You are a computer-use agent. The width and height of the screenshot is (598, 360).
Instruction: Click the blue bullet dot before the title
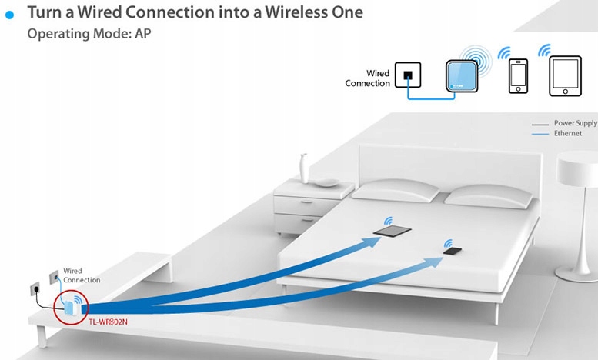tap(10, 15)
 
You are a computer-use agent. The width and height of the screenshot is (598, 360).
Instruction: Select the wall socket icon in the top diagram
tap(407, 75)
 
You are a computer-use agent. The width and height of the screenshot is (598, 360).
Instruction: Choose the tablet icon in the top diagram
tap(565, 78)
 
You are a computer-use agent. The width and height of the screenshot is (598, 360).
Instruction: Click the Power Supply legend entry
tap(573, 123)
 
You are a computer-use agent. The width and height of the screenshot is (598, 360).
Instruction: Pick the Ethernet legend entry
tap(567, 133)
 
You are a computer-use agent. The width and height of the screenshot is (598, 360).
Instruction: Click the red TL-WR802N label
tap(105, 321)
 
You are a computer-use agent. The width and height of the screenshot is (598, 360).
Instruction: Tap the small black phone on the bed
tap(453, 251)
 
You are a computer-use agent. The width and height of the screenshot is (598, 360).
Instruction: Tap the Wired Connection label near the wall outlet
tap(82, 275)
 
